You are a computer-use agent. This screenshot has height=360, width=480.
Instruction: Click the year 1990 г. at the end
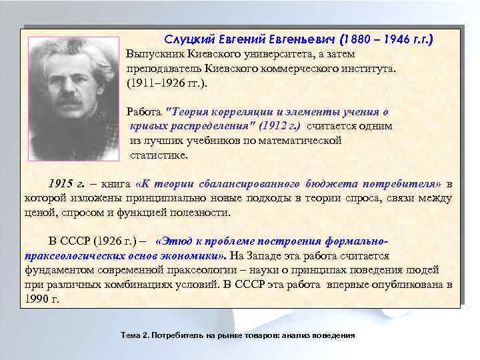[x=42, y=299]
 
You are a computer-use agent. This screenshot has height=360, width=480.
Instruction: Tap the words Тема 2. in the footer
[x=133, y=335]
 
